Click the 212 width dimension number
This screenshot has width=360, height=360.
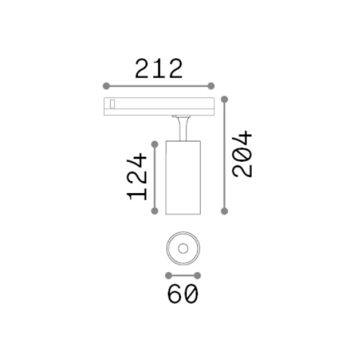(x=159, y=68)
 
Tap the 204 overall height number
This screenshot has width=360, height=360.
(x=242, y=154)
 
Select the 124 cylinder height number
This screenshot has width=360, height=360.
(x=136, y=177)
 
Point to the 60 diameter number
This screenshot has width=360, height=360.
(x=183, y=294)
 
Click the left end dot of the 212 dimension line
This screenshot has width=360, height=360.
(x=106, y=86)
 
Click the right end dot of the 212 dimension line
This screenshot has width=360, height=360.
(x=211, y=86)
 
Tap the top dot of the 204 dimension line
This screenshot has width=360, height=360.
(x=224, y=99)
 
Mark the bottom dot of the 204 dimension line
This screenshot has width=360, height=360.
(x=224, y=211)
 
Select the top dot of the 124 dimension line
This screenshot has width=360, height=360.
(x=155, y=144)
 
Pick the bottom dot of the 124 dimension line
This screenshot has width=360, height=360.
(x=155, y=211)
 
